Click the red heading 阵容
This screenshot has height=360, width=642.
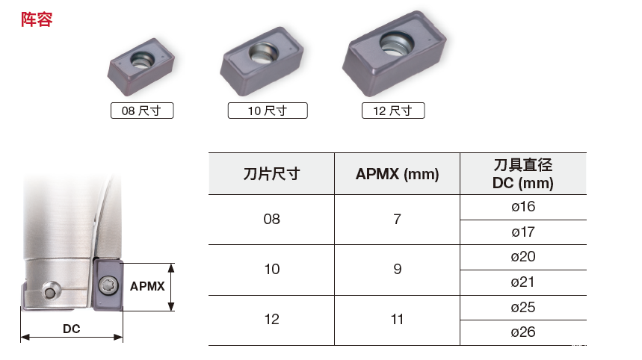pos(37,19)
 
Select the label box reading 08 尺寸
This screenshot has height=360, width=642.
pos(142,111)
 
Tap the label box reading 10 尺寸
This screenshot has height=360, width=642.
pos(268,111)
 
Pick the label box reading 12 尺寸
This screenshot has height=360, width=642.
pos(393,111)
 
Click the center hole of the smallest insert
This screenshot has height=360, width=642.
pos(142,60)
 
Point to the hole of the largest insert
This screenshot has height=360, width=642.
pos(396,43)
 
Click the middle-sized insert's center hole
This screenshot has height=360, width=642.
pos(264,53)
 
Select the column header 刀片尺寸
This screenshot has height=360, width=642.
pos(271,174)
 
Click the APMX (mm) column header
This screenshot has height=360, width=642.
pos(397,174)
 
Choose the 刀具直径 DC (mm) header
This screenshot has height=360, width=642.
pos(523,174)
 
